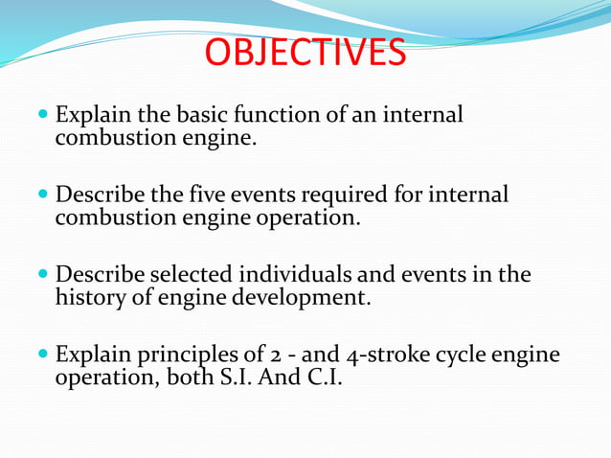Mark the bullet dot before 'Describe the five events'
tap(42, 196)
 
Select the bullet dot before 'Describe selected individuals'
tap(42, 276)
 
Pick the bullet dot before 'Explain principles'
tap(42, 355)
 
